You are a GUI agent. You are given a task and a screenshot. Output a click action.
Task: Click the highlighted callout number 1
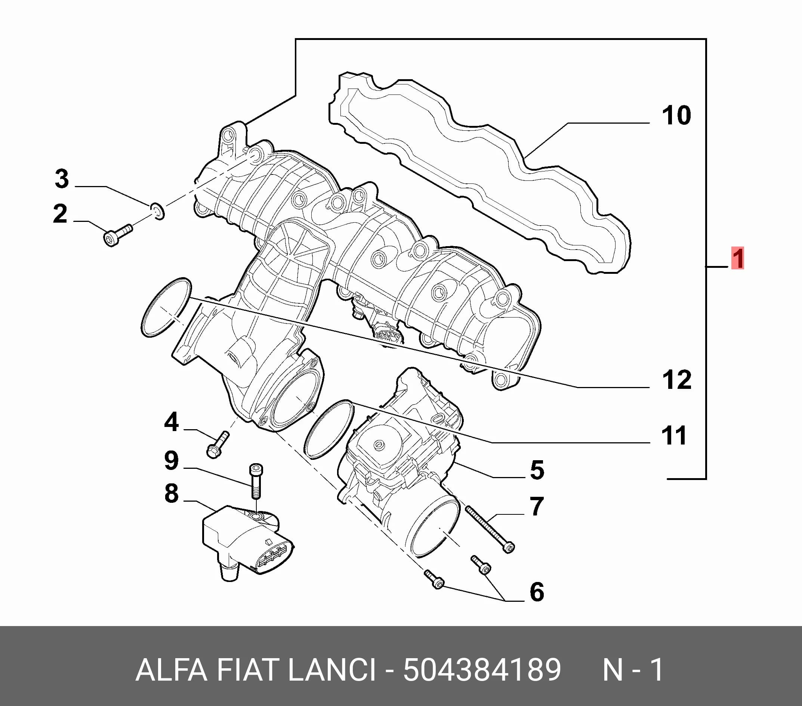738,258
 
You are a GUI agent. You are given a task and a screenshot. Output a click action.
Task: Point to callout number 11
674,436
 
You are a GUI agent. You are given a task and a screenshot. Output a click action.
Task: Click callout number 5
537,470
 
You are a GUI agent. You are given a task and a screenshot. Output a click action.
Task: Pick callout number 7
537,506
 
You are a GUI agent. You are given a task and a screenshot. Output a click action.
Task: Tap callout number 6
537,591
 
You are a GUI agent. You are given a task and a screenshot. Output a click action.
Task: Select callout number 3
62,179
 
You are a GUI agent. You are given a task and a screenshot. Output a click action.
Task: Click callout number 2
60,214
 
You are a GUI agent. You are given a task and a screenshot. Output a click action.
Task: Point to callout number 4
172,422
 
